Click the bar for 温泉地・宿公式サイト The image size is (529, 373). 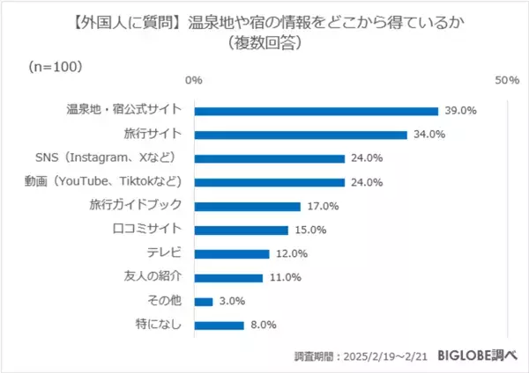click(x=316, y=111)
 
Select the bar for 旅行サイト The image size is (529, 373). click(x=300, y=135)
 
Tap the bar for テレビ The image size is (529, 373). click(x=231, y=254)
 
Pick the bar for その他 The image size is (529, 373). click(x=203, y=302)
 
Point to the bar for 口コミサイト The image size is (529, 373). click(x=241, y=230)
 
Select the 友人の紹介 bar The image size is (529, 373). click(x=228, y=278)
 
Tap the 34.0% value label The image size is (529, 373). click(x=428, y=135)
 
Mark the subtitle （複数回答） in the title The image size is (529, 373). click(x=264, y=41)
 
